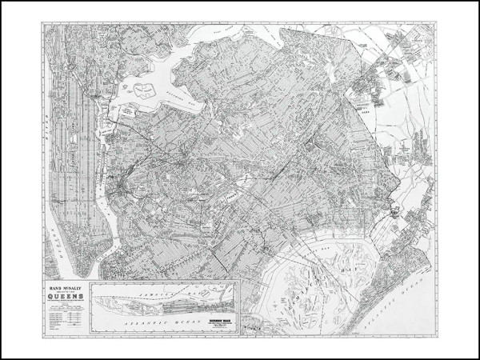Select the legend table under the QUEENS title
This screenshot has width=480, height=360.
pyautogui.click(x=62, y=314)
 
